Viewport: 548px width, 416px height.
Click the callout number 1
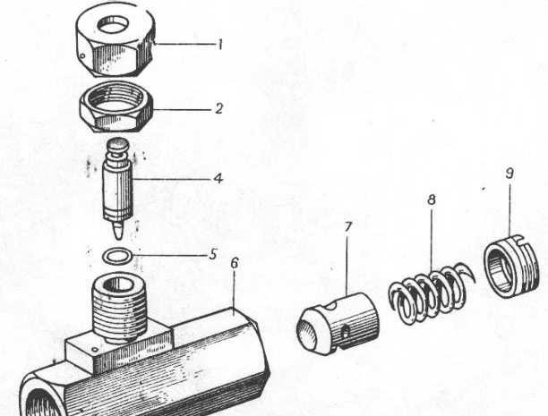pos(219,44)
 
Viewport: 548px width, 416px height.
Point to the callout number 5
pos(212,254)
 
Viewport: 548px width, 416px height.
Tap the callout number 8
pos(431,200)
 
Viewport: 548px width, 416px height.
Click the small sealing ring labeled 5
pos(119,257)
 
